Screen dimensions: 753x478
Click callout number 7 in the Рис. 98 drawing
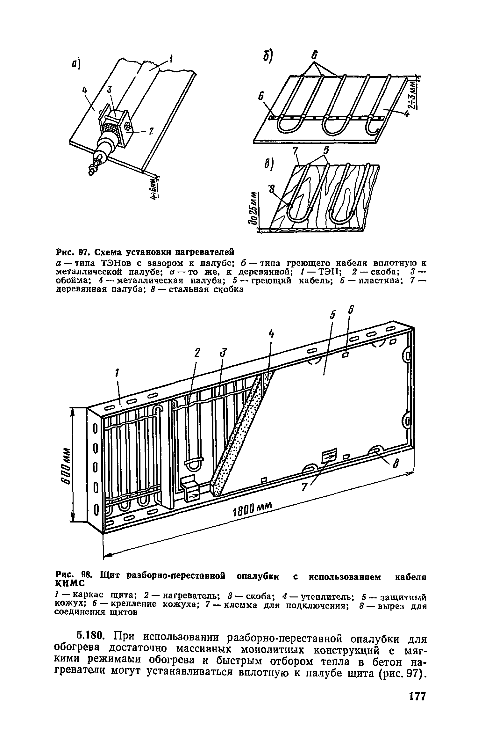coord(303,487)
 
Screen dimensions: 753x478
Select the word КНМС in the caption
coord(70,583)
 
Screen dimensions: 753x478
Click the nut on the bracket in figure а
coord(127,127)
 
